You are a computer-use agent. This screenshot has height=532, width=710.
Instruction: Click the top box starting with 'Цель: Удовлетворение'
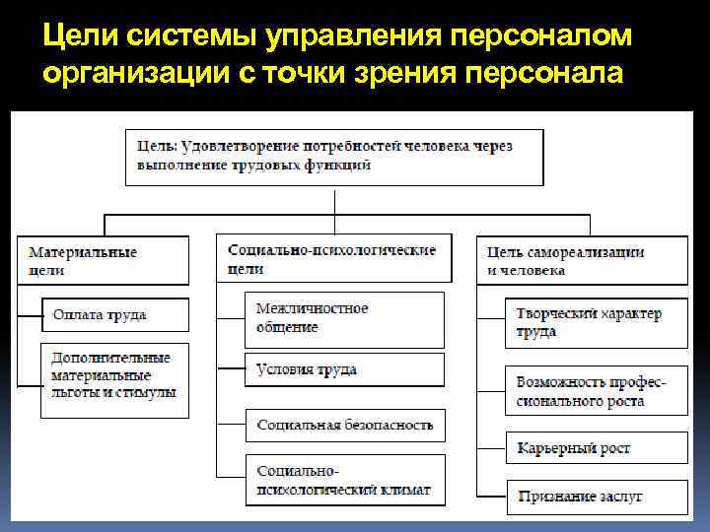[333, 156]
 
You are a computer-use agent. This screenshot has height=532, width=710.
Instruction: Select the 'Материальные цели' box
[103, 259]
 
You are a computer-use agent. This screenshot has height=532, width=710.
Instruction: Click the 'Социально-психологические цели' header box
[333, 258]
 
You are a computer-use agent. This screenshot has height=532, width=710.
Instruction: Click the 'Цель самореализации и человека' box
[582, 259]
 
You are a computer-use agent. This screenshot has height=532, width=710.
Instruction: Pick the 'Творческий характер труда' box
[597, 322]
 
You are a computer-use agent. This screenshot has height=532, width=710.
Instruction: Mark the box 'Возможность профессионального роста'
[597, 391]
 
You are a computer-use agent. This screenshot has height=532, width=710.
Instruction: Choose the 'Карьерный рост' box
[597, 448]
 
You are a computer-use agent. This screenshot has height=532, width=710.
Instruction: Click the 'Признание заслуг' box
[597, 496]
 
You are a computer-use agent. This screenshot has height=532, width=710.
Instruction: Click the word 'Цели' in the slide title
[78, 36]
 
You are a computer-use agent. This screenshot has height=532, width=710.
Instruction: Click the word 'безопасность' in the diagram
[389, 425]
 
